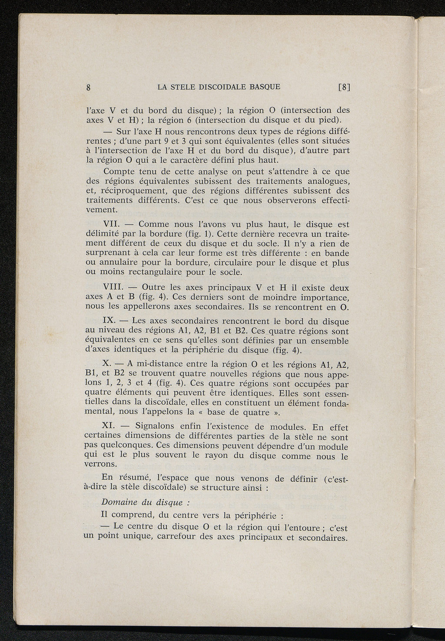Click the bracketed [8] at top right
pos(344,87)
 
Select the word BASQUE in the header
pos(265,87)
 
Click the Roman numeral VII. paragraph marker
pos(112,225)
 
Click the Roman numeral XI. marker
pos(111,426)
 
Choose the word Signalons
pos(156,426)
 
